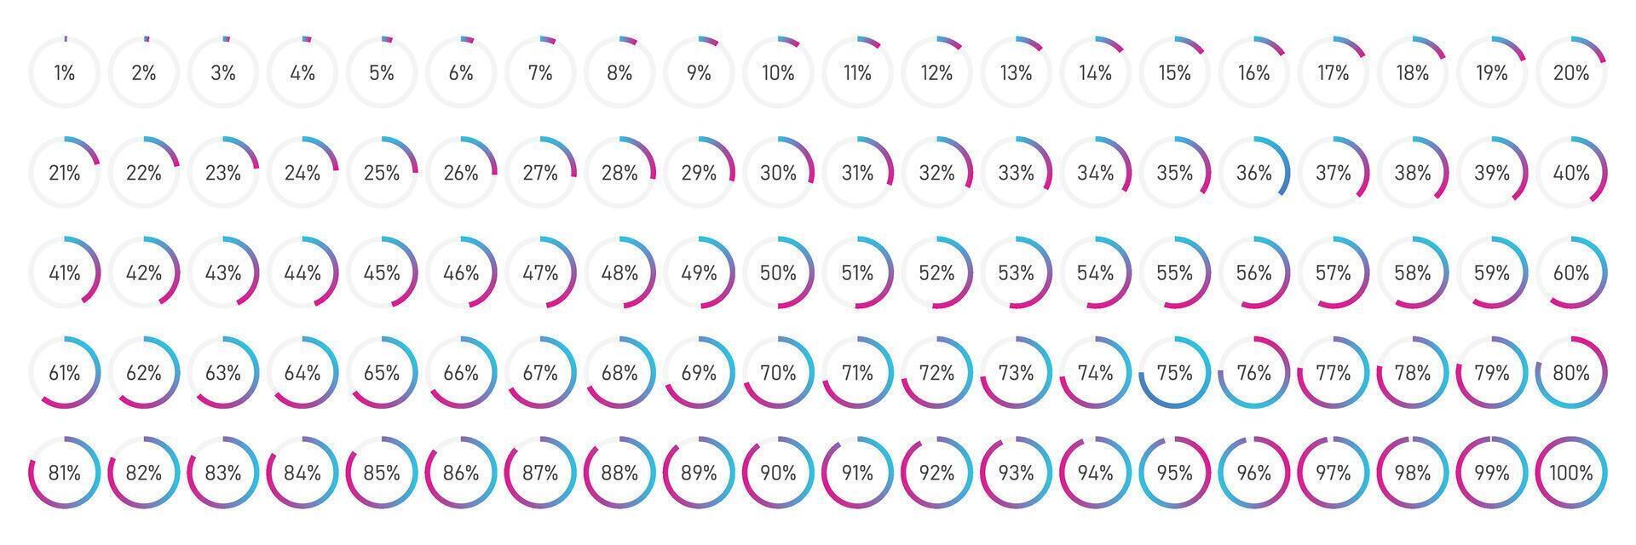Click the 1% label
pos(64,73)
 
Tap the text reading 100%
pos(1571,473)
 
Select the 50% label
pos(777,273)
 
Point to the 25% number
pos(381,174)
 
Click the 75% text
pos(1174,373)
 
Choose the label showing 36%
pos(1253,174)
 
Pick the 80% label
pos(1571,373)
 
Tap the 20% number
pos(1571,73)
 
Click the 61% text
pos(64,373)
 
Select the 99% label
pos(1491,473)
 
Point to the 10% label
pos(777,73)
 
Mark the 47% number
pos(539,273)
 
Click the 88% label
pos(619,473)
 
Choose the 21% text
pos(64,174)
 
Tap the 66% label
pos(460,373)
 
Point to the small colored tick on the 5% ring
pos(388,39)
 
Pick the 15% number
pos(1174,73)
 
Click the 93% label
pos(1016,473)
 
